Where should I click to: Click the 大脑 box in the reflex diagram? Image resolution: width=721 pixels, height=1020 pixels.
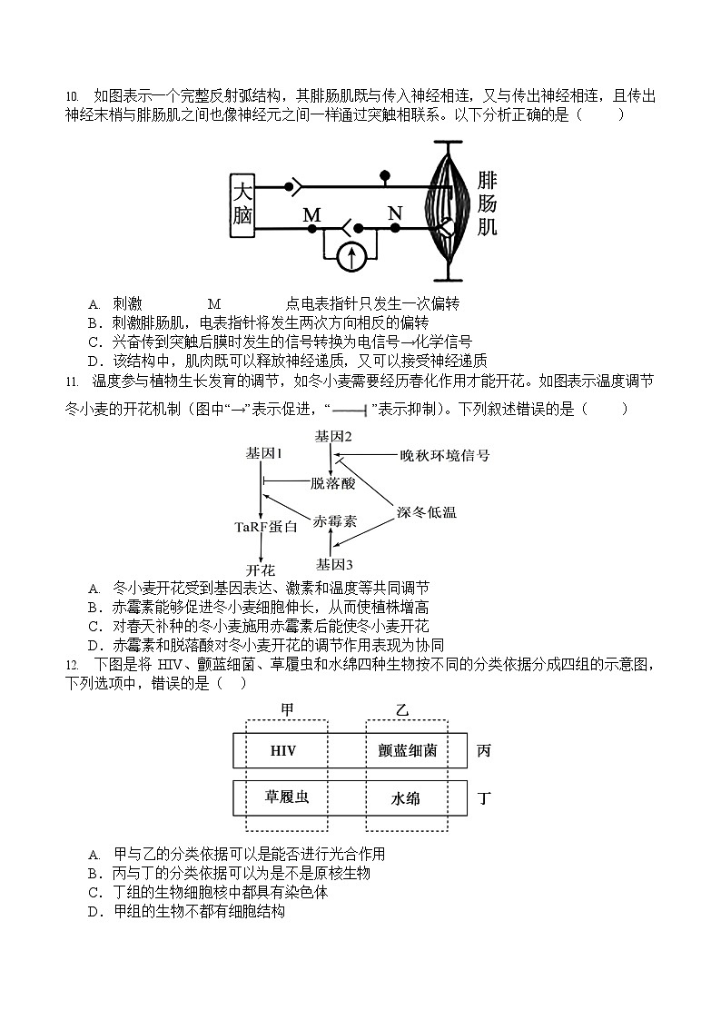[x=242, y=205]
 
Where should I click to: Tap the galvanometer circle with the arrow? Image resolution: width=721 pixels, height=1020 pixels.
[x=351, y=259]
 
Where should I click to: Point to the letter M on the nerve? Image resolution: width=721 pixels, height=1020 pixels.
[x=311, y=215]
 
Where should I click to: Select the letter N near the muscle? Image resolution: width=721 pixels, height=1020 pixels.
[x=394, y=213]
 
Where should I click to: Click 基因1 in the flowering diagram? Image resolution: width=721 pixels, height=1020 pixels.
[x=264, y=452]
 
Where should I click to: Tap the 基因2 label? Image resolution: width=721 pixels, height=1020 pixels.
[x=333, y=436]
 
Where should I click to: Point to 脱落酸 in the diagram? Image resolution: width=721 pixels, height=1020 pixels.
[x=332, y=482]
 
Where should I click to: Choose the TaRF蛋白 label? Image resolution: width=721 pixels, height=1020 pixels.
[x=266, y=527]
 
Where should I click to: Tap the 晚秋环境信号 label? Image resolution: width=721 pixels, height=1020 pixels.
[x=444, y=455]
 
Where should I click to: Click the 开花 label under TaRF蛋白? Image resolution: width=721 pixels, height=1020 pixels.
[x=261, y=569]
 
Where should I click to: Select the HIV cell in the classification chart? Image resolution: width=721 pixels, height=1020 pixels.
[x=283, y=751]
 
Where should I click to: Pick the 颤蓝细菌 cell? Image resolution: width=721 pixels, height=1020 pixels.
[x=408, y=751]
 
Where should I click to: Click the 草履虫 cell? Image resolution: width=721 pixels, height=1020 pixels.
[x=286, y=798]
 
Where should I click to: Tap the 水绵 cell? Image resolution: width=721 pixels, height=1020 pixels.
[x=406, y=799]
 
